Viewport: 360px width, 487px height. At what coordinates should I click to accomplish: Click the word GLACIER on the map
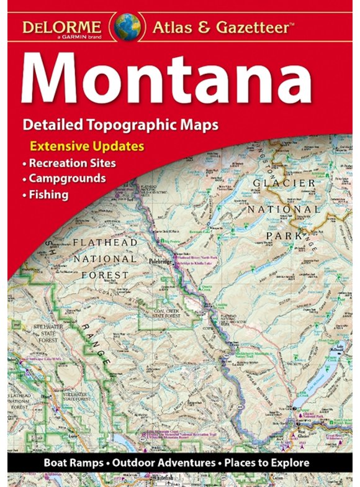(x=284, y=183)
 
